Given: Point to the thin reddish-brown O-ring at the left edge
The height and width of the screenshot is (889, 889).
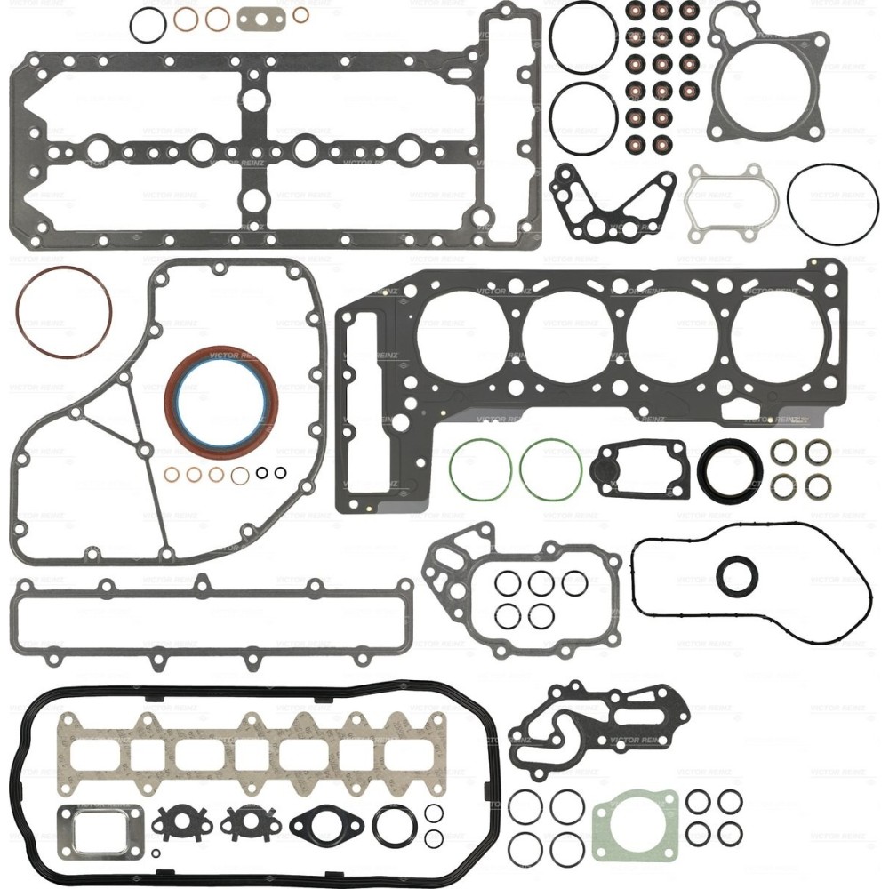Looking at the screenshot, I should [64, 270].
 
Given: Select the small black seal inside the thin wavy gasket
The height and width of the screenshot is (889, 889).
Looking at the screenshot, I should [737, 575].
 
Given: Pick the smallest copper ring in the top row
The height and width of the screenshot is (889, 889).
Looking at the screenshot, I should [301, 14].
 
